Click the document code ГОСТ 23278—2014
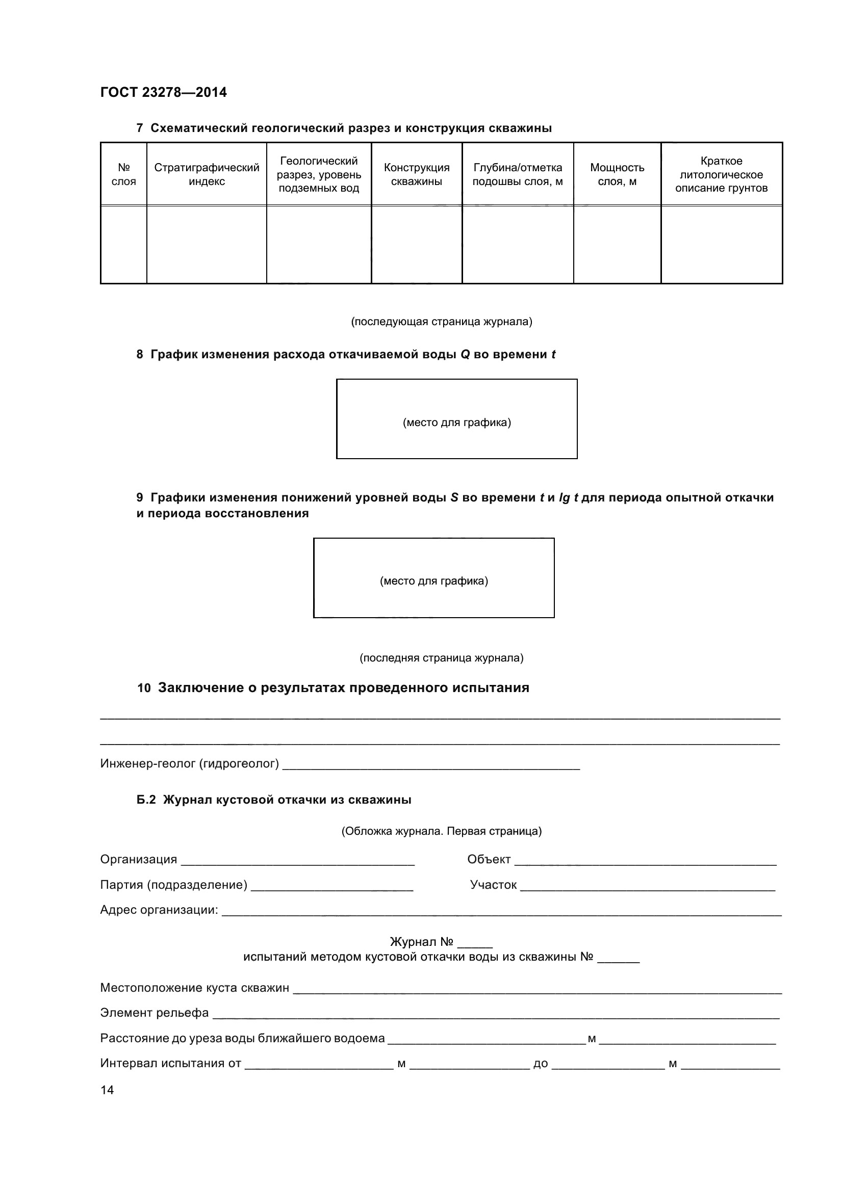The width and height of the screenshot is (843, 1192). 163,92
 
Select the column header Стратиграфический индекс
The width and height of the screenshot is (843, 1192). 206,174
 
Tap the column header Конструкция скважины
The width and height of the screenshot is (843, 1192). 416,174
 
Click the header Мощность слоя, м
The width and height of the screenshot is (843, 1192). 617,174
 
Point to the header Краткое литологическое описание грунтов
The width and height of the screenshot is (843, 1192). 721,174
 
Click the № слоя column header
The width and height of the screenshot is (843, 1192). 123,174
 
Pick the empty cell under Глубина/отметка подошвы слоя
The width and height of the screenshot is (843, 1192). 517,244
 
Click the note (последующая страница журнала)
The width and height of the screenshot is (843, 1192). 442,322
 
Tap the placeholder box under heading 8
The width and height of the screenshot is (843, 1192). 456,418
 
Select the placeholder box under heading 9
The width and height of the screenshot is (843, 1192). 433,577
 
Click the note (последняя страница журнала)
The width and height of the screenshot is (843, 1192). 442,658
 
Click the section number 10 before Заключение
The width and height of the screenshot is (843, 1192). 143,688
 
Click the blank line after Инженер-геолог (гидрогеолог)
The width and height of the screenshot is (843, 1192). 431,764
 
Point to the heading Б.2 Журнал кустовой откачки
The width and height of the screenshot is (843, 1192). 274,800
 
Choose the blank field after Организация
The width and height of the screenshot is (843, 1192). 297,860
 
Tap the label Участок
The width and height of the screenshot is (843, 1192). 493,885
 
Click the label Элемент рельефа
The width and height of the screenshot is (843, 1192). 154,1013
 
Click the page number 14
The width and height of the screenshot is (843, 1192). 107,1090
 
